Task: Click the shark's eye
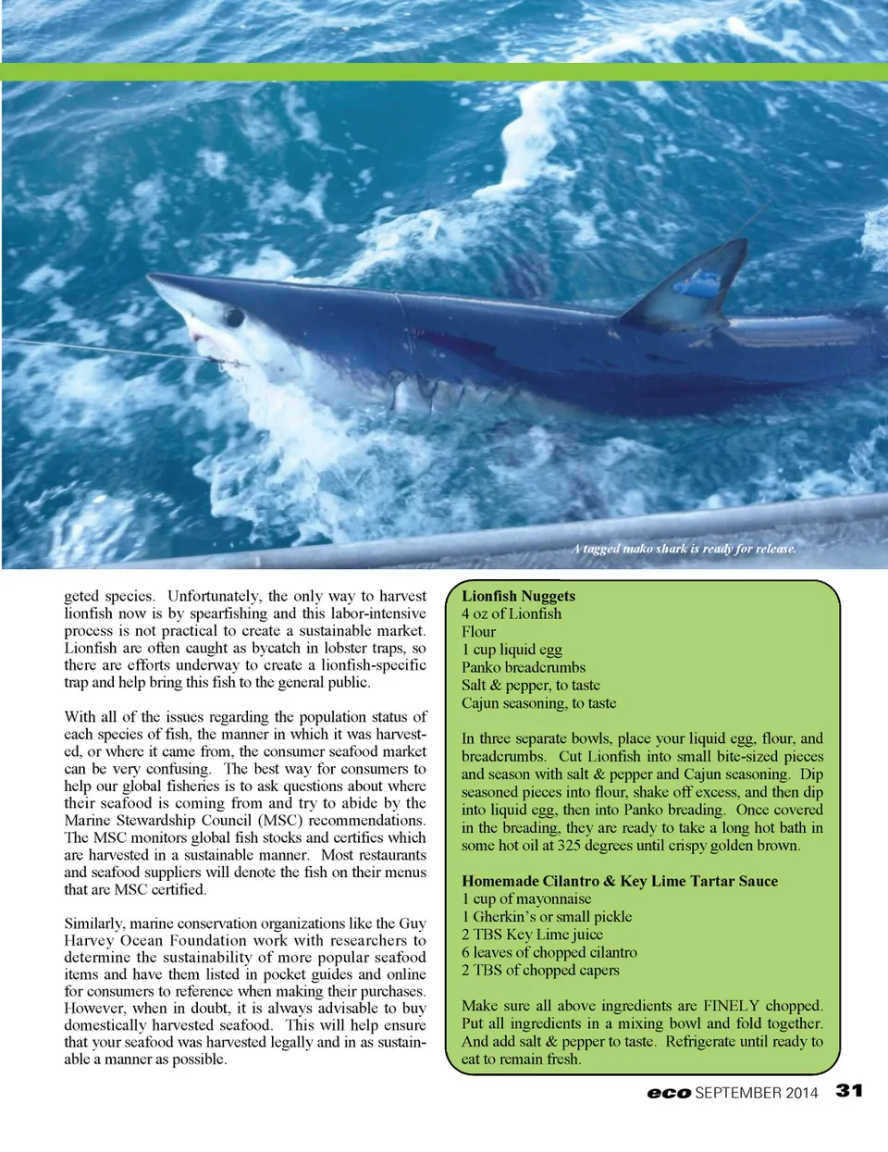[234, 318]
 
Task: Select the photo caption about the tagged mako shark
[684, 549]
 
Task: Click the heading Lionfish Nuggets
[518, 596]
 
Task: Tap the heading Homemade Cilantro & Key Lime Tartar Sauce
[620, 881]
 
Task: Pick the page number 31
[849, 1091]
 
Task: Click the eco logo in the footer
[669, 1093]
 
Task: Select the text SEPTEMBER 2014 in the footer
[757, 1093]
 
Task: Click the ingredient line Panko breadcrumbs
[524, 667]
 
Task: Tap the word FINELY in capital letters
[731, 1006]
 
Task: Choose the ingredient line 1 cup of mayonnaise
[526, 898]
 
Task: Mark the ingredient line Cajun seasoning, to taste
[538, 703]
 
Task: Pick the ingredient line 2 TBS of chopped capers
[540, 970]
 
